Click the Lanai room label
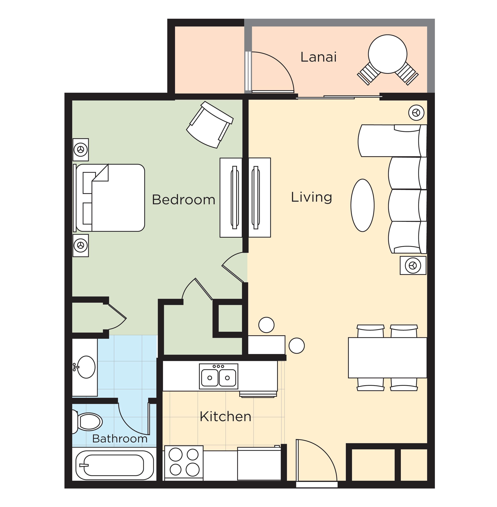(x=318, y=57)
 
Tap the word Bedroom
(x=184, y=200)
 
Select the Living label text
(x=311, y=197)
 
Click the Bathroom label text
(x=120, y=438)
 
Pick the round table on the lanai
(x=388, y=54)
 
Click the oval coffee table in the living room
(x=363, y=205)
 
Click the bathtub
(x=114, y=465)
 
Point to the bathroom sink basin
(x=86, y=367)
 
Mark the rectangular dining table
(x=387, y=357)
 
